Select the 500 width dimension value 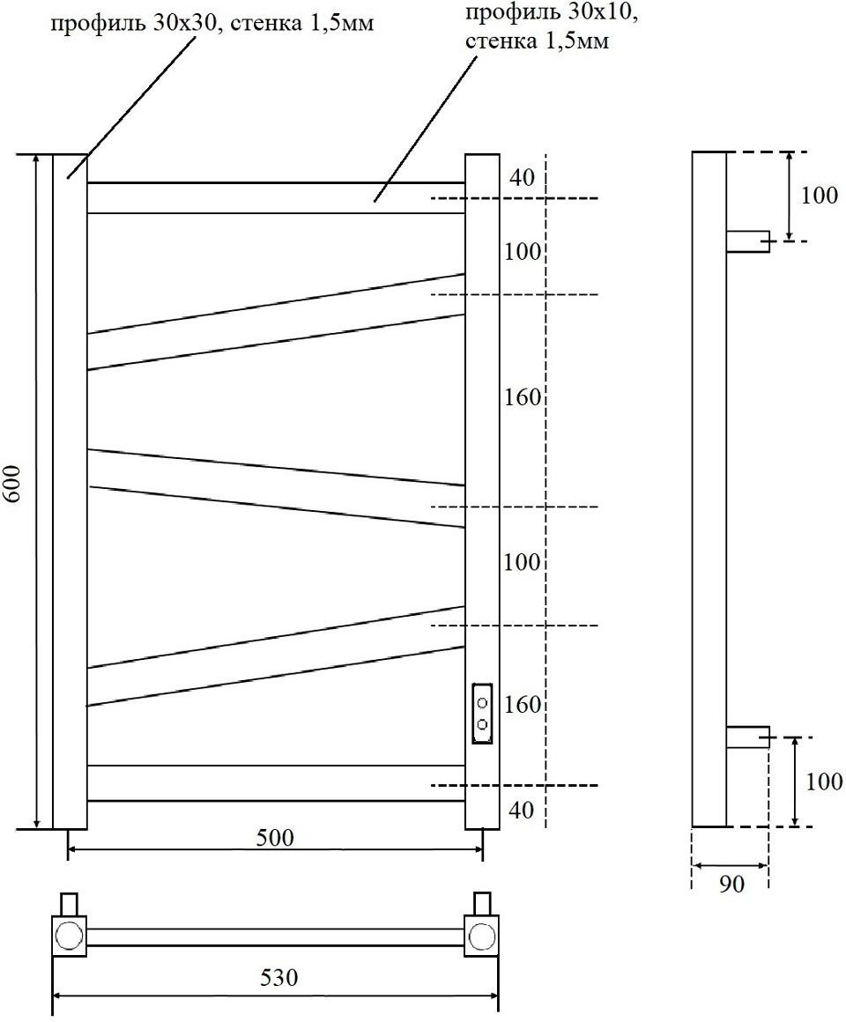pyautogui.click(x=277, y=837)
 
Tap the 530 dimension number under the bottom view pyautogui.click(x=279, y=977)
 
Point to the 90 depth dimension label pyautogui.click(x=731, y=885)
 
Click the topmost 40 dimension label pyautogui.click(x=522, y=178)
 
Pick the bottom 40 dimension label pyautogui.click(x=522, y=809)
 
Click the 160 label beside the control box pyautogui.click(x=523, y=705)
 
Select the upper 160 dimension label pyautogui.click(x=523, y=397)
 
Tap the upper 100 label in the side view pyautogui.click(x=820, y=196)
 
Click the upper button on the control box pyautogui.click(x=482, y=703)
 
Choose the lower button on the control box pyautogui.click(x=482, y=724)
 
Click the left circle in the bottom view pyautogui.click(x=68, y=935)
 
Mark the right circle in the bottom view pyautogui.click(x=481, y=935)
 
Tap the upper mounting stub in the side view pyautogui.click(x=747, y=241)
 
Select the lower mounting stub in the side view pyautogui.click(x=747, y=737)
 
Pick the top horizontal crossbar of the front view pyautogui.click(x=275, y=197)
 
